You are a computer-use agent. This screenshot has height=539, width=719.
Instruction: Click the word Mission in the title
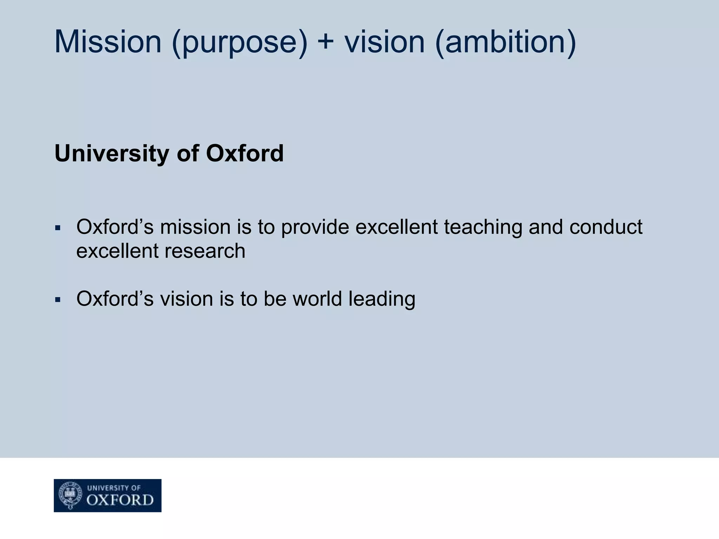(108, 42)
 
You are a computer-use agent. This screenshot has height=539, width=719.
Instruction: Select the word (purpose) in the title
(239, 43)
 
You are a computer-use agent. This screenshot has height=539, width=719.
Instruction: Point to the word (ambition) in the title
(505, 43)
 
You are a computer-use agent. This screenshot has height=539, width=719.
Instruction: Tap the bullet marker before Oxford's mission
(58, 228)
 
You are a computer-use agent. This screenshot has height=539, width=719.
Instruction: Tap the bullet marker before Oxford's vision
(58, 300)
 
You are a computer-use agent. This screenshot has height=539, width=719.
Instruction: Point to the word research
(205, 251)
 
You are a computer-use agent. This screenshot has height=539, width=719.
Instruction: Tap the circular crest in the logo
(70, 495)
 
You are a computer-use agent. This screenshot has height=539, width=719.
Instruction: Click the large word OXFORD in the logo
(120, 500)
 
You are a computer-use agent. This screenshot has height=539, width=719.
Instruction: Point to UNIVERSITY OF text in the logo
(114, 488)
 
